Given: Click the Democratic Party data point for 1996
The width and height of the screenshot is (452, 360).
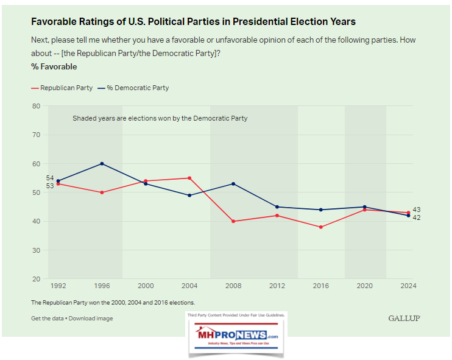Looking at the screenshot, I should [102, 163].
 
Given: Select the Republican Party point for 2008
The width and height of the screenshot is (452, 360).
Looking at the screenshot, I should [233, 221].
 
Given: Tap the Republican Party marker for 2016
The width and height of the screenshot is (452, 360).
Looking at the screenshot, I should [320, 227].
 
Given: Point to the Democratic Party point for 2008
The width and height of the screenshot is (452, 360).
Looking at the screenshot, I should [233, 183].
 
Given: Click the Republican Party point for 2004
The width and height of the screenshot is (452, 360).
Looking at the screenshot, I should [189, 178].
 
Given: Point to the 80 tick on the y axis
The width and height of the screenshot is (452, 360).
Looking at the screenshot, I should [37, 106].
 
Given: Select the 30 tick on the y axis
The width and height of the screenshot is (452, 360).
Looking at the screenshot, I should [37, 250].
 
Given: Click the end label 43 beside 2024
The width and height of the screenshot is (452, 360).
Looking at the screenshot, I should [417, 210].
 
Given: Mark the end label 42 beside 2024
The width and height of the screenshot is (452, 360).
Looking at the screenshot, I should [417, 217].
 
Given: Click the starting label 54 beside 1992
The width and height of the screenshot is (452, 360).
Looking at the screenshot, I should [50, 177].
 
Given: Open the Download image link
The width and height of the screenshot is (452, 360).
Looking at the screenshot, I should [91, 319].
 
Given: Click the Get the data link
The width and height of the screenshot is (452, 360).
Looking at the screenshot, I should [48, 319].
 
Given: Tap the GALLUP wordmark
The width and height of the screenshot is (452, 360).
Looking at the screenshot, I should [404, 319].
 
